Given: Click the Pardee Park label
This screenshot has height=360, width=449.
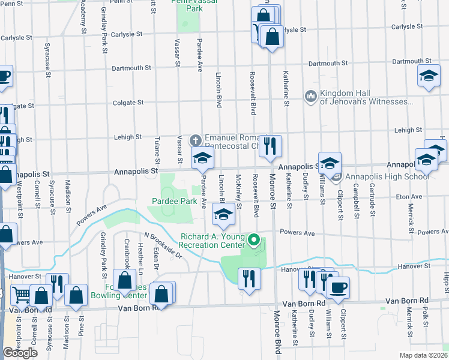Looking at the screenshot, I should pos(175,202).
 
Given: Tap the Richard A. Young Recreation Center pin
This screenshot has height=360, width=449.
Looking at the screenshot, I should pos(254,241).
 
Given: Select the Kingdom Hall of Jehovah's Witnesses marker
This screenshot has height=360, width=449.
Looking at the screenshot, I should pos(310,96).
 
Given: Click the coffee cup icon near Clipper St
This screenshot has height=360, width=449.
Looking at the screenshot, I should pos(338,287).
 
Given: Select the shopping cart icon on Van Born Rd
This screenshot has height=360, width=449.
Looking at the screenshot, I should pos(22,295).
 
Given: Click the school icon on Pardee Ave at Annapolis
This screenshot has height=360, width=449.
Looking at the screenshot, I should pos(203,158).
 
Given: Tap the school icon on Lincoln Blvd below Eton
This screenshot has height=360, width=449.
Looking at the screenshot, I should pos(223,214).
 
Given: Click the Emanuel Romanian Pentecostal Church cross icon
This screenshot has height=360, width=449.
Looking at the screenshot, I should pos(195,140).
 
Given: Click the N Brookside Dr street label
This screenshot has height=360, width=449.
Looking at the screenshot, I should pos(163,246).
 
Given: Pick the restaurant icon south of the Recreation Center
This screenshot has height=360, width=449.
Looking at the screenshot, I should pos(248,278).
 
